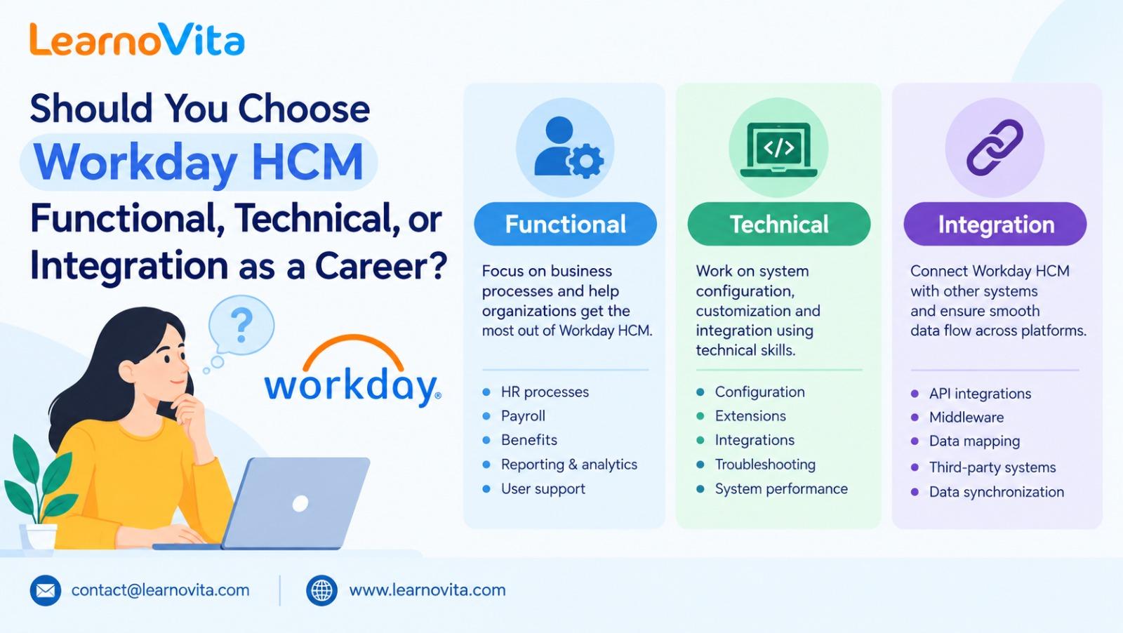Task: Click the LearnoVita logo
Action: [x=137, y=39]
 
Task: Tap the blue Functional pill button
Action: [x=565, y=224]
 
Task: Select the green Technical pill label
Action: [x=778, y=224]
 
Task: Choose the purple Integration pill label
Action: [x=995, y=224]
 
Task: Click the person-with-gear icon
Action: [x=568, y=147]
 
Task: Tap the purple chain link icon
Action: [x=995, y=147]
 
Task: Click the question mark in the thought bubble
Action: [x=241, y=325]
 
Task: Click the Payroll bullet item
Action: [x=523, y=416]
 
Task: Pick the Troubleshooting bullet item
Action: [x=765, y=465]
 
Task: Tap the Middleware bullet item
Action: [x=966, y=417]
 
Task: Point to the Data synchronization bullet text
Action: [x=996, y=492]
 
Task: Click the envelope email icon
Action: [x=46, y=590]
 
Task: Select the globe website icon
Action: [x=322, y=590]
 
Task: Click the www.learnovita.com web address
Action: [x=427, y=590]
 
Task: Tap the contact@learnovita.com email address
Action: [x=161, y=590]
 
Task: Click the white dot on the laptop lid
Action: [x=300, y=503]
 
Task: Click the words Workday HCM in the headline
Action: [x=199, y=161]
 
